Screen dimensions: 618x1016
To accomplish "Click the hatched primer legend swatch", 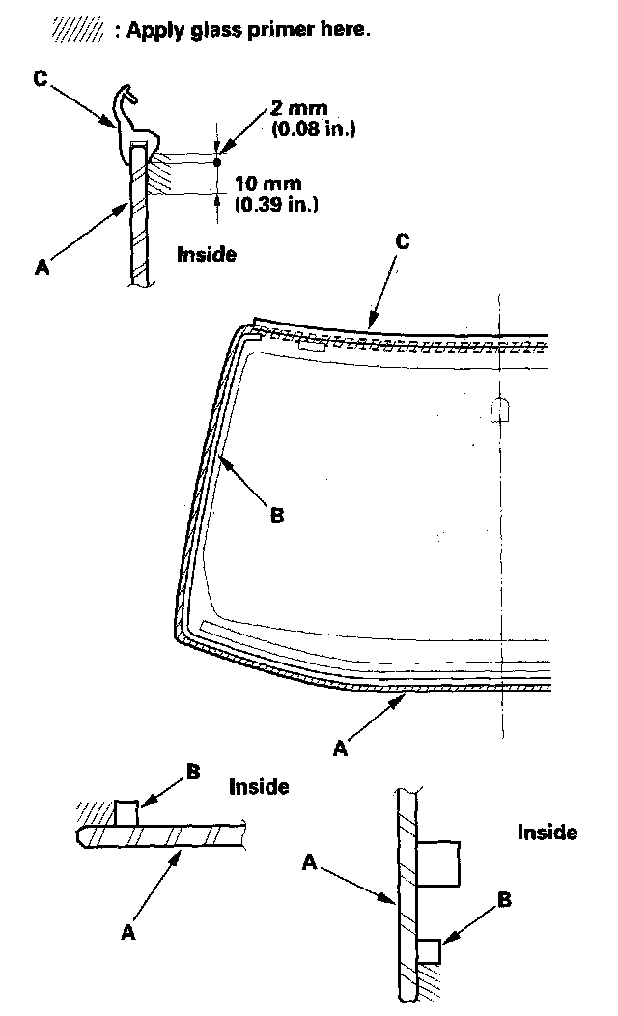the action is click(x=76, y=30).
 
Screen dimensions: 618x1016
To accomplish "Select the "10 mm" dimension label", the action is click(x=268, y=183).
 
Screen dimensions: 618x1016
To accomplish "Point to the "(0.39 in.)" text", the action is click(x=278, y=204).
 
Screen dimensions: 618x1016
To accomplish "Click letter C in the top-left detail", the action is click(x=41, y=80).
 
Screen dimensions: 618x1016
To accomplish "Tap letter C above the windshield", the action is click(x=403, y=242).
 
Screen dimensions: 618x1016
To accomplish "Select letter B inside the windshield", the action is click(x=277, y=516).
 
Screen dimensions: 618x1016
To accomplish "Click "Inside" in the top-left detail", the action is click(x=207, y=255).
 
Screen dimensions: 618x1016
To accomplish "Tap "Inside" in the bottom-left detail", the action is click(x=259, y=787).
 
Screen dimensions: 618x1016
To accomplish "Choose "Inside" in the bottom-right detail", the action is click(x=548, y=833).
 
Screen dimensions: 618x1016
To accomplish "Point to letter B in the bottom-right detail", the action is click(x=503, y=901).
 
